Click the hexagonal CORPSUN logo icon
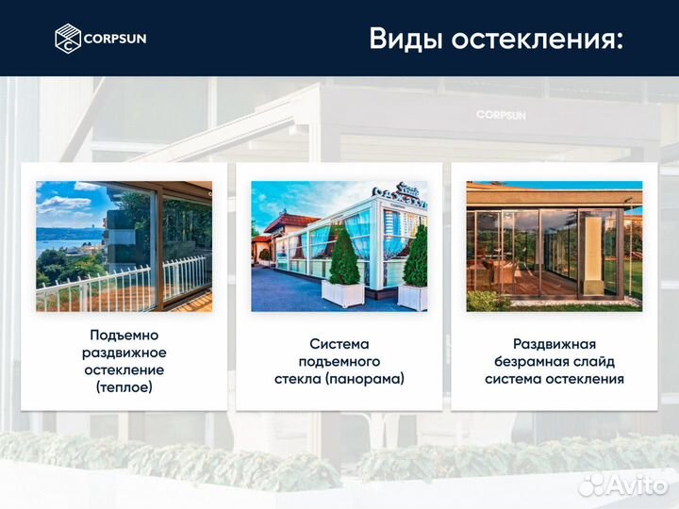click(x=68, y=39)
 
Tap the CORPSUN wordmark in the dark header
click(x=115, y=39)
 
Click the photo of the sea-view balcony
click(x=124, y=246)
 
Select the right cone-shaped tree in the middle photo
click(x=415, y=259)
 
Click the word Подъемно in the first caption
click(x=124, y=335)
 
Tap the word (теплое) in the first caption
click(x=124, y=386)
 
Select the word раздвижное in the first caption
click(x=124, y=352)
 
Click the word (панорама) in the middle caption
click(x=368, y=379)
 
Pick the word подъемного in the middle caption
click(x=339, y=361)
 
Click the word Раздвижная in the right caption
click(x=555, y=344)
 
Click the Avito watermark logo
click(x=622, y=484)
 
